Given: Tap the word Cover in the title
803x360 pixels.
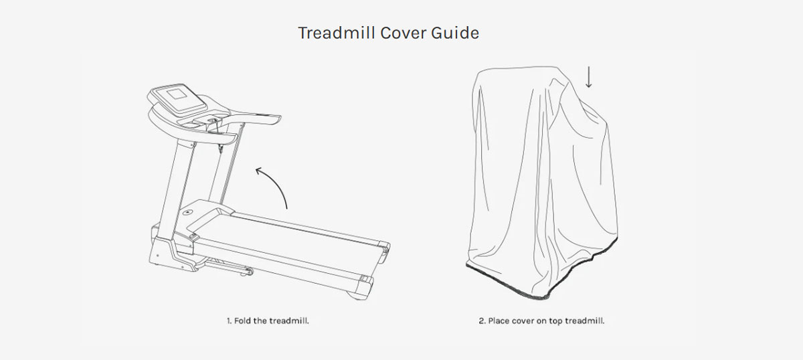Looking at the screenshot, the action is click(404, 33).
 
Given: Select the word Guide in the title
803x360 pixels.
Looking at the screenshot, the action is click(455, 33).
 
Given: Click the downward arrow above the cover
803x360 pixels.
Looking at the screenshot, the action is click(588, 76).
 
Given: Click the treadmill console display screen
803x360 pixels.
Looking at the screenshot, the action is click(177, 94).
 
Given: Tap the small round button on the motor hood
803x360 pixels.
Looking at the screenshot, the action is click(187, 212).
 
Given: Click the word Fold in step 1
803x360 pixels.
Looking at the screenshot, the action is click(243, 321).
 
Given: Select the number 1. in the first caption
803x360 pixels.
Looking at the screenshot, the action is click(230, 321).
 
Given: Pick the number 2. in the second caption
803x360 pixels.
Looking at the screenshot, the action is click(482, 321).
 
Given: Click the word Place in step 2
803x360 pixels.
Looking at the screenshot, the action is click(499, 321).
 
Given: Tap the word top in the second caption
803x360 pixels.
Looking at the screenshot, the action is click(555, 321).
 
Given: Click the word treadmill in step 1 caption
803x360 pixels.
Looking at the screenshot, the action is click(289, 321).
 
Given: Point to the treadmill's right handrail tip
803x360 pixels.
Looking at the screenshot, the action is click(277, 118).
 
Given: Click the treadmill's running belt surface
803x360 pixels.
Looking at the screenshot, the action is click(287, 241).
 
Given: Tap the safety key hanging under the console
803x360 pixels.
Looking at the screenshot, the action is click(220, 148).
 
